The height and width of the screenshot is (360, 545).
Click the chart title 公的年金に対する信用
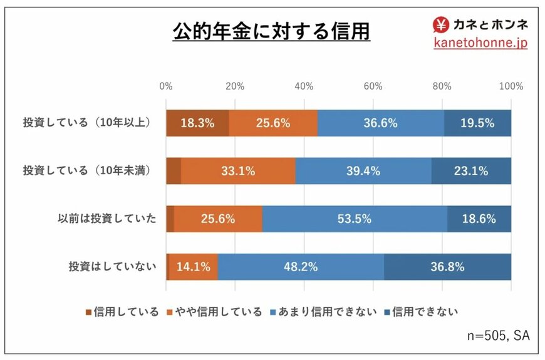271,31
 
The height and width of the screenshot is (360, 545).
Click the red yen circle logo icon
442,24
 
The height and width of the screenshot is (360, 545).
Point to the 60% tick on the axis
373,86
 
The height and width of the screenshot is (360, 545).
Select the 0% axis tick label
166,86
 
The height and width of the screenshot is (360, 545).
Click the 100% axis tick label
511,86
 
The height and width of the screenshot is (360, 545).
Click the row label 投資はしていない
112,267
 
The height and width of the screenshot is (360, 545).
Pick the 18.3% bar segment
197,123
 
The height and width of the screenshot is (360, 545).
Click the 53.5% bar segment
354,219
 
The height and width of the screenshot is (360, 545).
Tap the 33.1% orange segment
238,171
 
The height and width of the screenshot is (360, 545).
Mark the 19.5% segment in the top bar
477,123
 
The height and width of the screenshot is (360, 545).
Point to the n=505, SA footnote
498,336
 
